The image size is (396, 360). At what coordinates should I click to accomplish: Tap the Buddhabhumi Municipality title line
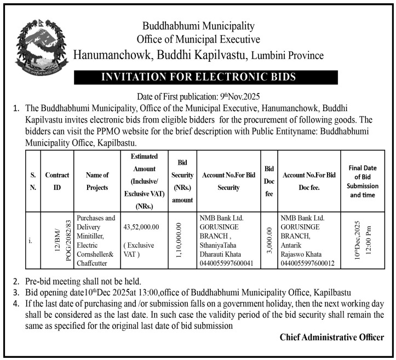pyautogui.click(x=198, y=26)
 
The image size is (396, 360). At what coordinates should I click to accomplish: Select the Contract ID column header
pyautogui.click(x=57, y=181)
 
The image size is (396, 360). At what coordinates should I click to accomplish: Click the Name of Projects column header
pyautogui.click(x=97, y=181)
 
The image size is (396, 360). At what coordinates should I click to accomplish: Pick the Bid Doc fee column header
pyautogui.click(x=269, y=181)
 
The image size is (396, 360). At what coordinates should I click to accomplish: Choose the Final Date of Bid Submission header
pyautogui.click(x=363, y=181)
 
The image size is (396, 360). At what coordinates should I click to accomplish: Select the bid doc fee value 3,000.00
pyautogui.click(x=269, y=240)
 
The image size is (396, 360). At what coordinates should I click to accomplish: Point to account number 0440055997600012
pyautogui.click(x=308, y=264)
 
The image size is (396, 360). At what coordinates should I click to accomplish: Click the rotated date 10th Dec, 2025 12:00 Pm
pyautogui.click(x=362, y=240)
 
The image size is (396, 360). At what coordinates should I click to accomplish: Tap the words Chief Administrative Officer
pyautogui.click(x=331, y=337)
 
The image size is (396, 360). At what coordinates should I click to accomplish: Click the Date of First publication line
pyautogui.click(x=198, y=95)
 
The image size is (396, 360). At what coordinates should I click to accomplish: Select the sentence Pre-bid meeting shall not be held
pyautogui.click(x=83, y=281)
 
